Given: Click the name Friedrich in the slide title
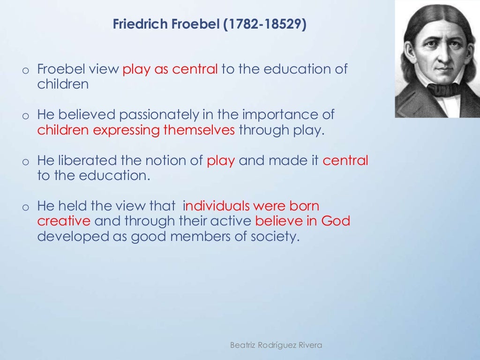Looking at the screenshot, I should click(x=136, y=24).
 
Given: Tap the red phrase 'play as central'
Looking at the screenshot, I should click(x=170, y=70).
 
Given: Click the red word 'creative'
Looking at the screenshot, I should click(x=64, y=221).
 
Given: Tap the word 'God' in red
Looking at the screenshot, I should click(x=336, y=221).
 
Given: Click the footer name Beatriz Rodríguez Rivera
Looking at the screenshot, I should click(x=276, y=345).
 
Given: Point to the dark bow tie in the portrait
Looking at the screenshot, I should click(x=443, y=89).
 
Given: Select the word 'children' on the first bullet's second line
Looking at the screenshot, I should click(x=63, y=85).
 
